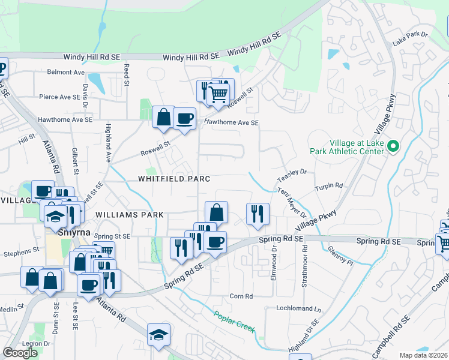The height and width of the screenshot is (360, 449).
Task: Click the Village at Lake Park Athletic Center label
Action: point(355,148)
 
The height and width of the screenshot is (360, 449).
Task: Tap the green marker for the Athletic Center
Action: point(394,146)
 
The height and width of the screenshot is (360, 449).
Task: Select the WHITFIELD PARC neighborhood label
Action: point(174,179)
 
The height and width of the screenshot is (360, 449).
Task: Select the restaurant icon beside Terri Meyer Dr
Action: point(258,213)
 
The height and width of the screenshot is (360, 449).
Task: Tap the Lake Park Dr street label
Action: point(409,39)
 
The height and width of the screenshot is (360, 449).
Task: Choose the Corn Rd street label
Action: point(241,296)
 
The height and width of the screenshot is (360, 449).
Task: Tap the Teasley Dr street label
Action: point(292,175)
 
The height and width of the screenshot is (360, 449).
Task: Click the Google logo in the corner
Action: point(20,353)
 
